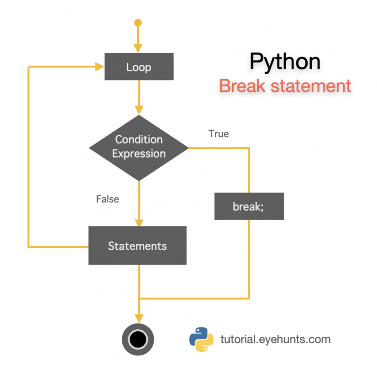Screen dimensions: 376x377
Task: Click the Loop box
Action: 138,67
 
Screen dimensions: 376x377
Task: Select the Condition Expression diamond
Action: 138,147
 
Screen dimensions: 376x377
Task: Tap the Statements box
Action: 137,245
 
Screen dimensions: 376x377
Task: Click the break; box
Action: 249,206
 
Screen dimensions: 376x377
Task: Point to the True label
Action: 218,134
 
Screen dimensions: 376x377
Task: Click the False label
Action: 108,199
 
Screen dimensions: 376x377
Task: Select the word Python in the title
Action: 285,62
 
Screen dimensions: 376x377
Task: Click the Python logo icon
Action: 201,339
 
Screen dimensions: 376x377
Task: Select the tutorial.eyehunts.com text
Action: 275,339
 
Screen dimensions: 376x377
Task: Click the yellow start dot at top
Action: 138,23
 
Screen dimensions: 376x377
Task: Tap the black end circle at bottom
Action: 138,339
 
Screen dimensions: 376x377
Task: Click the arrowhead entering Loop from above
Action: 138,48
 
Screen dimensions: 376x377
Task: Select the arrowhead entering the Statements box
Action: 138,221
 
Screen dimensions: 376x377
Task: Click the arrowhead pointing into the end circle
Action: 138,318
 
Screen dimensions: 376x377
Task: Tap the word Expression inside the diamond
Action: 138,154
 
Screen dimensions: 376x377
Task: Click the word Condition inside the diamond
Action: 138,140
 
